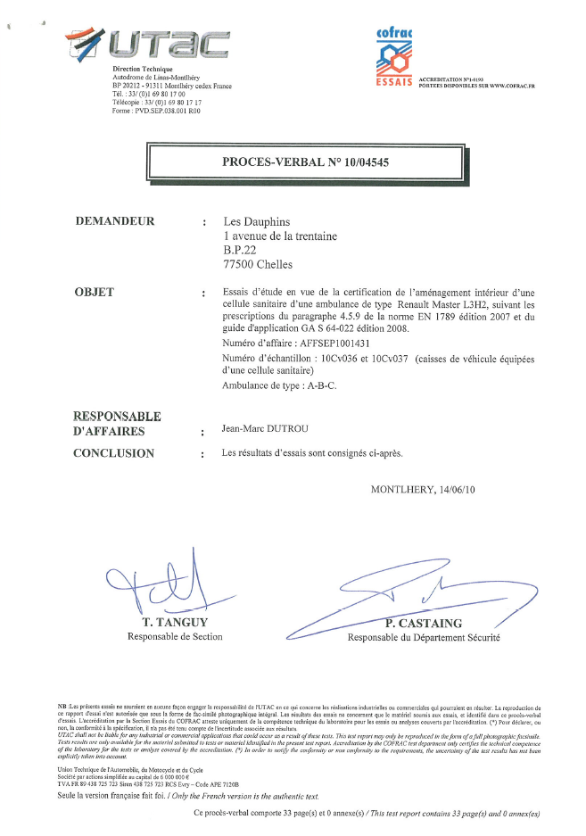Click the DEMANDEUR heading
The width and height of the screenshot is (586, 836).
coord(115,222)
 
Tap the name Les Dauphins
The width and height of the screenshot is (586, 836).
coord(256,222)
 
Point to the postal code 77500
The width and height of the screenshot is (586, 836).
coord(238,264)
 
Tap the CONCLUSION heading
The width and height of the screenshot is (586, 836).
coord(113,453)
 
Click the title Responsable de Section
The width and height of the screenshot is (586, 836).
coord(175,636)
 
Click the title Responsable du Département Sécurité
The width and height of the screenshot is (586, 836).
coord(424,638)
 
